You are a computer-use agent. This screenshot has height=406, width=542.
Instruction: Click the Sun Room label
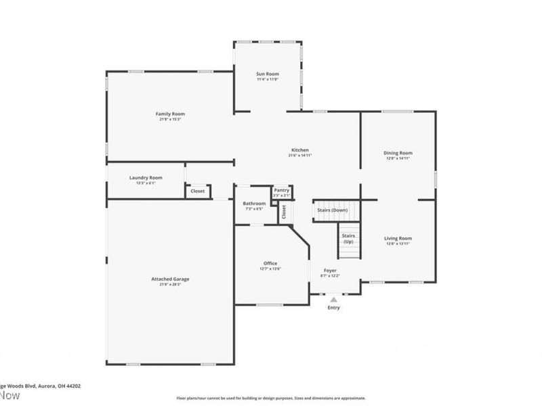point(268,74)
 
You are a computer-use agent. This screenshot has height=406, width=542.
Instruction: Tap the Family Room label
point(170,114)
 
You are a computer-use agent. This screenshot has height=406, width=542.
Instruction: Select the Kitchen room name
point(300,150)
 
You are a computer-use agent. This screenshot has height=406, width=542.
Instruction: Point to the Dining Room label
point(398,153)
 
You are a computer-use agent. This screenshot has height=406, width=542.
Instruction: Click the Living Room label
point(398,238)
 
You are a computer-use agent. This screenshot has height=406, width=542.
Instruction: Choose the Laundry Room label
point(146,177)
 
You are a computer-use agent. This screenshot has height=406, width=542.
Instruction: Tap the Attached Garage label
point(170,279)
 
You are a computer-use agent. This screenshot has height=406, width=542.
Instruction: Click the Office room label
point(270,263)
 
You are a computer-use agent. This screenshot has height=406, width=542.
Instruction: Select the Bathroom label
point(254,203)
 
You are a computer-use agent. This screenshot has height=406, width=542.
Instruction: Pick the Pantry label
point(282,191)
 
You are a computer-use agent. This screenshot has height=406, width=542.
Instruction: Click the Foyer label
point(330,271)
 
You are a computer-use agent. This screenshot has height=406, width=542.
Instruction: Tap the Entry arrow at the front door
point(333,298)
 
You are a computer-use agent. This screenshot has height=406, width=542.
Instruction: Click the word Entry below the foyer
point(333,308)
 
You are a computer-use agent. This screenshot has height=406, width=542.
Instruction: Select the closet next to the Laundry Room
point(198,191)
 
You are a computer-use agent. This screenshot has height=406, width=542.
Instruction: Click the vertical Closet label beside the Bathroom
point(285,211)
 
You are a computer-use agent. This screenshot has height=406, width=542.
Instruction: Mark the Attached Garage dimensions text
point(170,284)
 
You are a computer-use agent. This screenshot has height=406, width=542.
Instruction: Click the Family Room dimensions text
point(170,120)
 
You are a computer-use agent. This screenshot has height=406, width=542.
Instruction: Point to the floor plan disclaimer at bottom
point(271,398)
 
